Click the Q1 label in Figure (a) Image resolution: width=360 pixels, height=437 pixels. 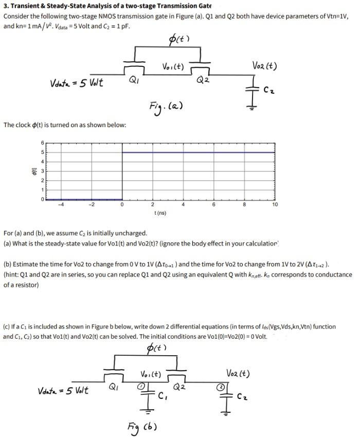click(x=133, y=80)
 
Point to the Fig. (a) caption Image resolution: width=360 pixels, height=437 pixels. click(x=165, y=106)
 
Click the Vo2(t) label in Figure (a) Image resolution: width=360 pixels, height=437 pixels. click(x=264, y=66)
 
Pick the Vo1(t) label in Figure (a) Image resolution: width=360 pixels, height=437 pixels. click(x=173, y=66)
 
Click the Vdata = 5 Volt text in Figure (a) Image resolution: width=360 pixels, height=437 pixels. click(x=76, y=82)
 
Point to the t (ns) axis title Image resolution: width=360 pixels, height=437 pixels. click(x=159, y=212)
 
